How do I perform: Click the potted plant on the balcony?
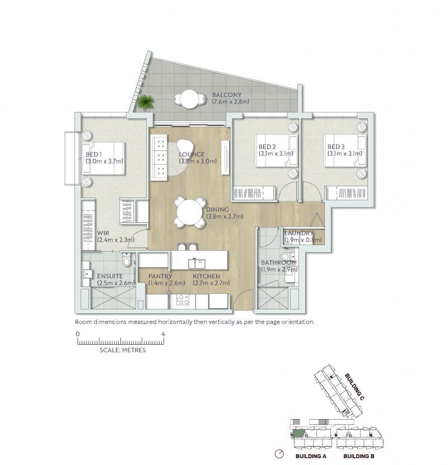tap(146, 102)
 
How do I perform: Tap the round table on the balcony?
tap(188, 100)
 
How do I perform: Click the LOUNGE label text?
tap(192, 154)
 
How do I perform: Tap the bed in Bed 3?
tap(344, 151)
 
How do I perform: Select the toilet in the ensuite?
tap(128, 261)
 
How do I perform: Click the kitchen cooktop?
tap(183, 302)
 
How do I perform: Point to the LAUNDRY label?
tap(298, 233)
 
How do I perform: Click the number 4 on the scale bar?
tap(163, 334)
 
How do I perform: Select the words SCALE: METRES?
tap(122, 350)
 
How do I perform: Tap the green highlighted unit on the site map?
tap(299, 433)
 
